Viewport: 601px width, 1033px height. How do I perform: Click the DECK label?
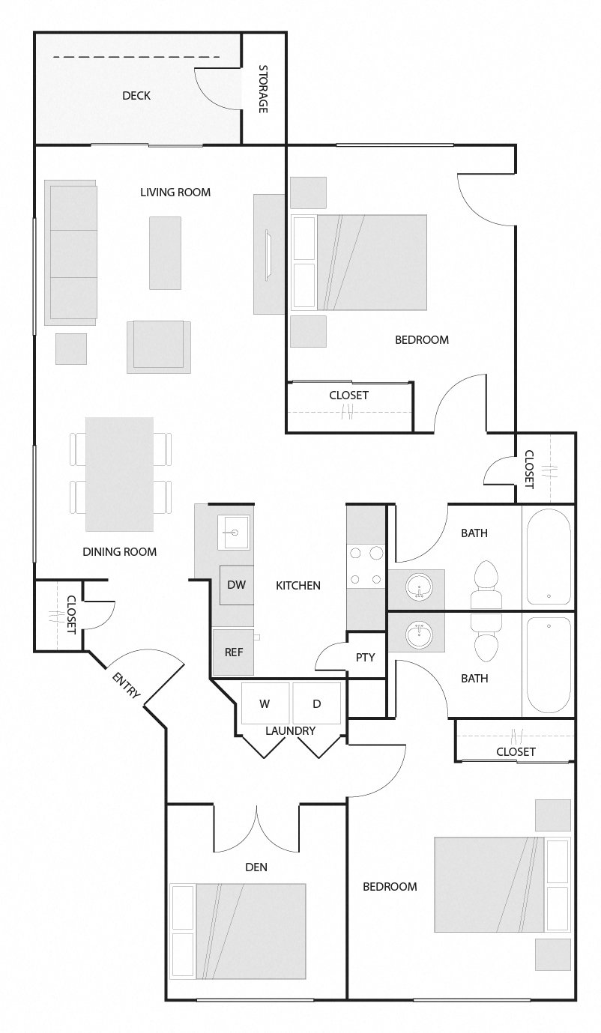click(136, 95)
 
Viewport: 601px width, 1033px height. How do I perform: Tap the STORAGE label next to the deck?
click(263, 89)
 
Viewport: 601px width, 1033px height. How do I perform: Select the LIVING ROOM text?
click(175, 192)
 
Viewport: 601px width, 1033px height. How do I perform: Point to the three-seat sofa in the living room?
click(70, 252)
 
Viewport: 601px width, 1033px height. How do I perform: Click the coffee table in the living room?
click(165, 252)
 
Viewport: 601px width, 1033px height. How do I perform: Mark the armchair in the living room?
click(158, 346)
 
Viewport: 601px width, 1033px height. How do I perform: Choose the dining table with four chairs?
click(120, 473)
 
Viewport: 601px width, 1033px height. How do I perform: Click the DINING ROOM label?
click(120, 552)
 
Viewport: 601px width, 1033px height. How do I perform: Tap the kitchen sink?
click(235, 533)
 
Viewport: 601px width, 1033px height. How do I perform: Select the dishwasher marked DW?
click(236, 585)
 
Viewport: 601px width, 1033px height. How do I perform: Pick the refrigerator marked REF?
click(234, 652)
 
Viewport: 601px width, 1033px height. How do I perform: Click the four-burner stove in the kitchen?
click(365, 566)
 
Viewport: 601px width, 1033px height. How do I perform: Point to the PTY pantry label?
click(365, 657)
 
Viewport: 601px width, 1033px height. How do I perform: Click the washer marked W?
click(265, 703)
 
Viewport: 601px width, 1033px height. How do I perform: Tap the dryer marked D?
click(317, 703)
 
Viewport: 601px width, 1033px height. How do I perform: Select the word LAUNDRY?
click(291, 730)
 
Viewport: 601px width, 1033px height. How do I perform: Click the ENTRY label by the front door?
click(126, 685)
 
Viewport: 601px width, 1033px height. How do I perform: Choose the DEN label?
click(256, 867)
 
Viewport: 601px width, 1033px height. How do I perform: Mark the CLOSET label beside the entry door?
click(71, 614)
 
